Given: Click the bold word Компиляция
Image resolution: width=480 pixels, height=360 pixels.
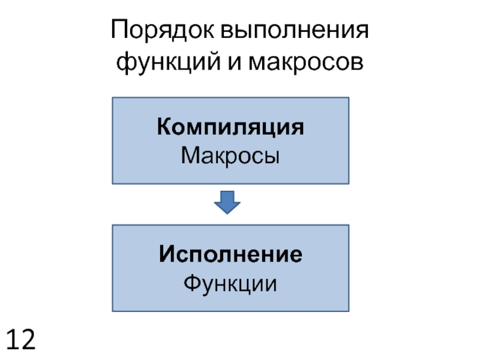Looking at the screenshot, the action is (230, 128).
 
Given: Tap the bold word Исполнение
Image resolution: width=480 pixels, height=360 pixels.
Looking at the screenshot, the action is (230, 254).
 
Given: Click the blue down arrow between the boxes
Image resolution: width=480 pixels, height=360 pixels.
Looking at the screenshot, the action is (227, 203).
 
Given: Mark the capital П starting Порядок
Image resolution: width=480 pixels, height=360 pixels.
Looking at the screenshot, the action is (118, 31).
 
